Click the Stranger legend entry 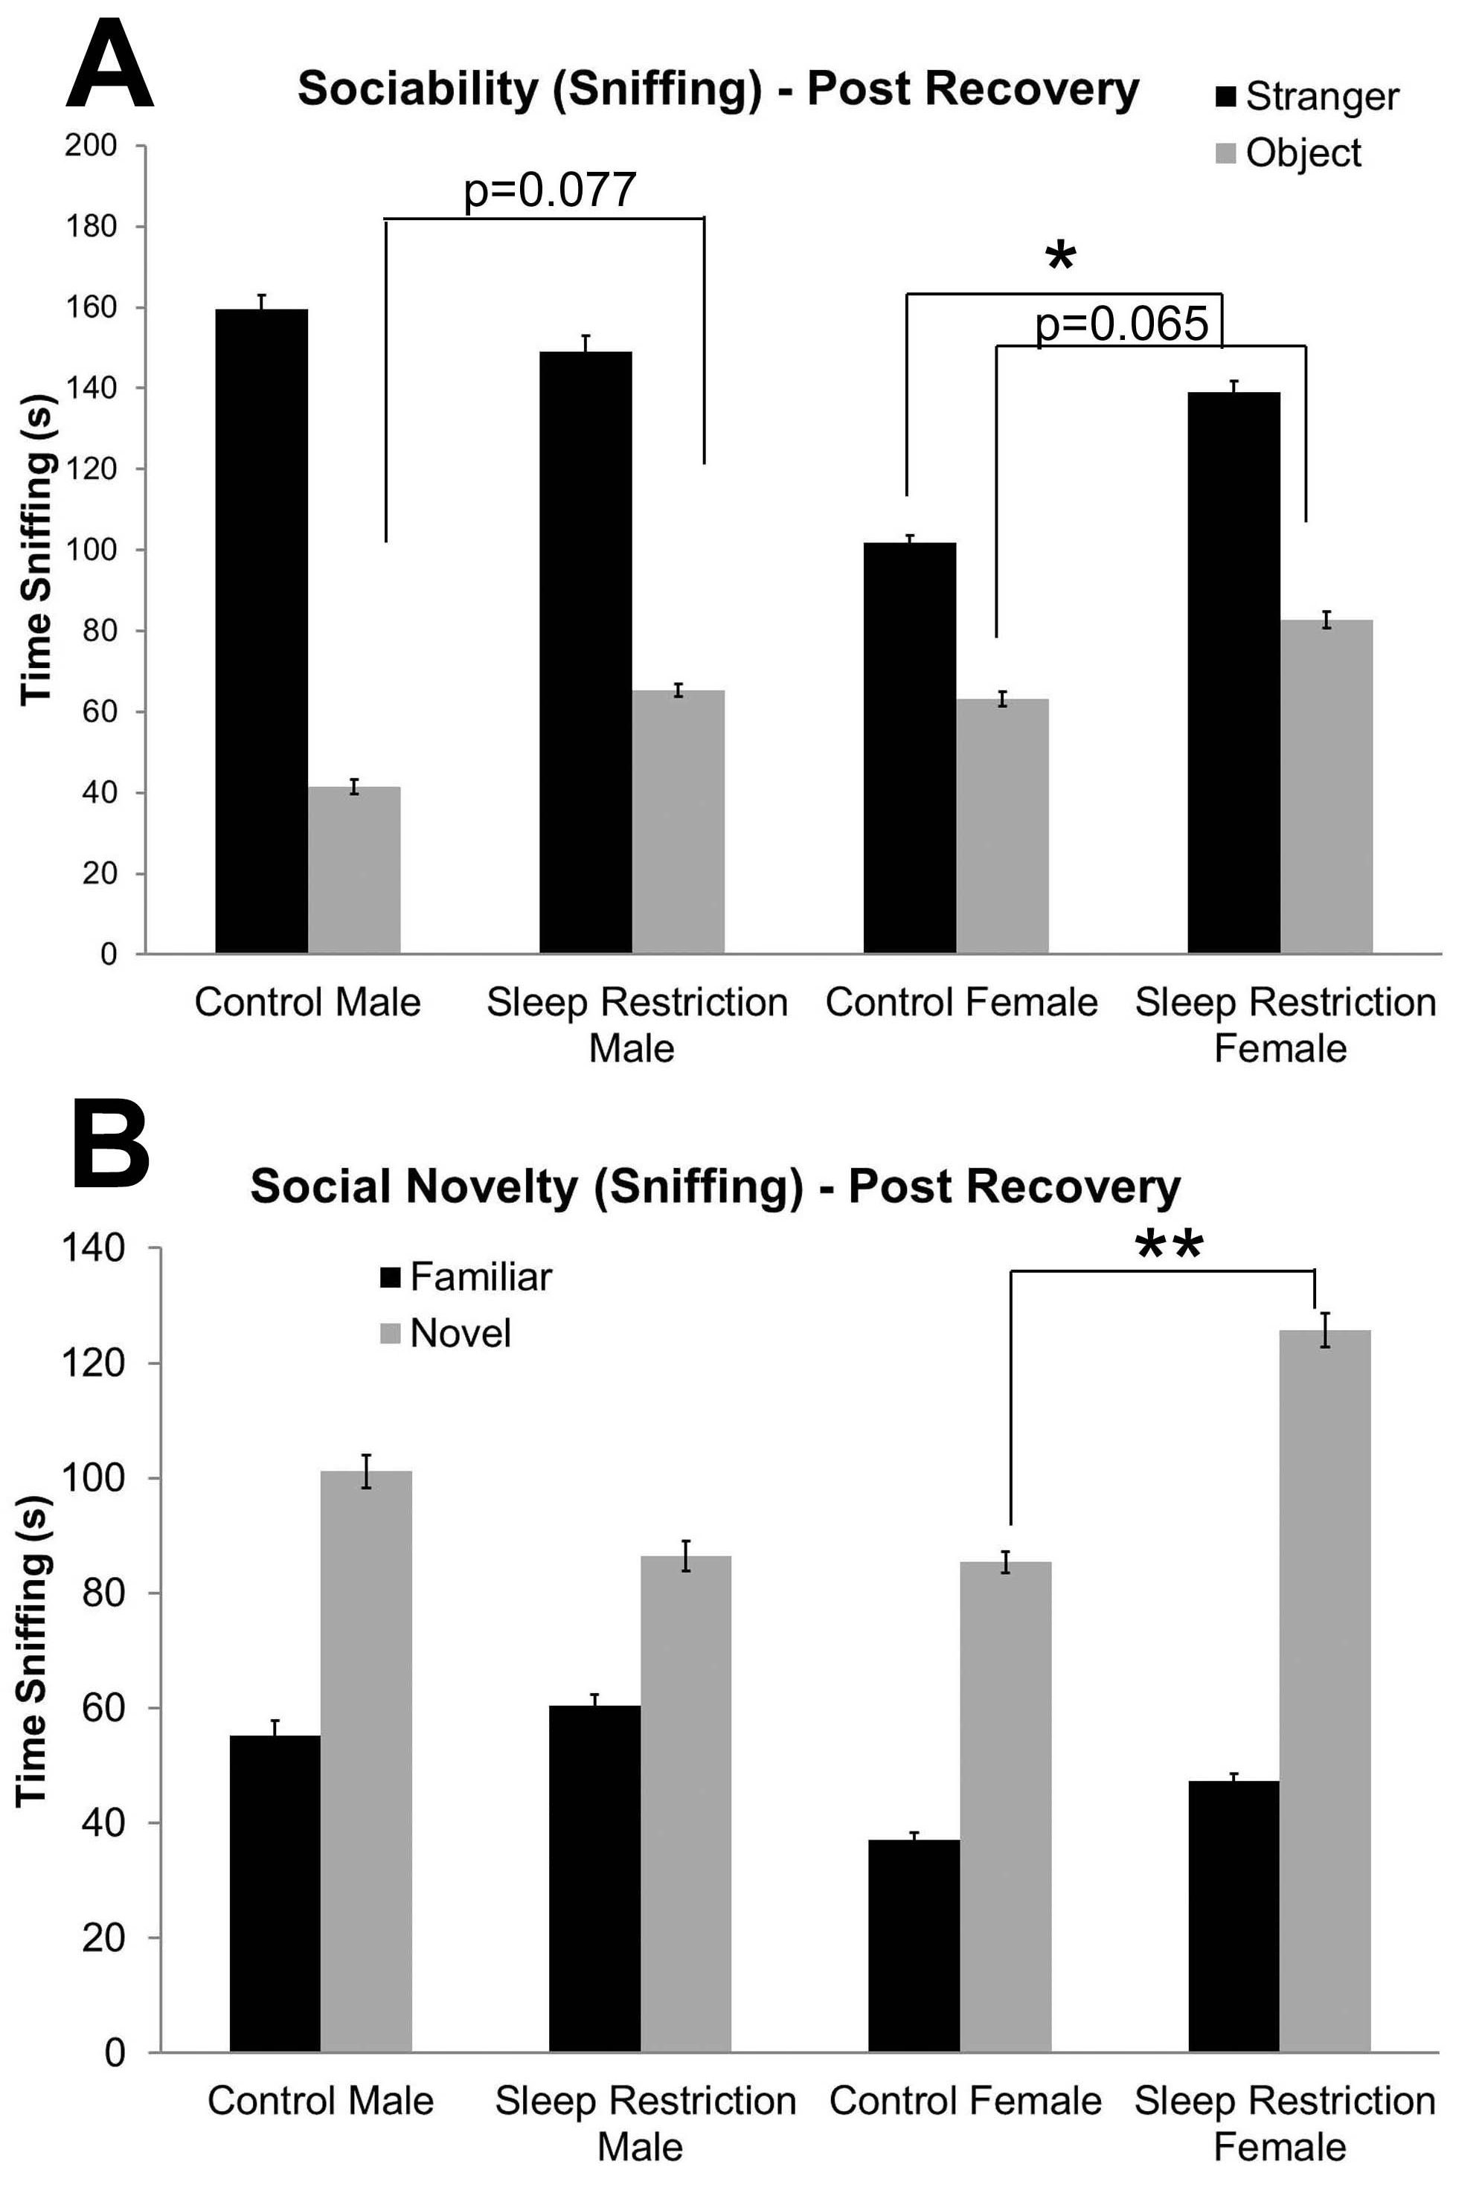[x=1306, y=97]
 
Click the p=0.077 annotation [x=550, y=190]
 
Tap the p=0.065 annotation [x=1121, y=324]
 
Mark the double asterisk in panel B [x=1169, y=1246]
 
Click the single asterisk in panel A [x=1061, y=257]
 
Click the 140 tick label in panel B [x=92, y=1248]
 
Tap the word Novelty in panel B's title [x=494, y=1186]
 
